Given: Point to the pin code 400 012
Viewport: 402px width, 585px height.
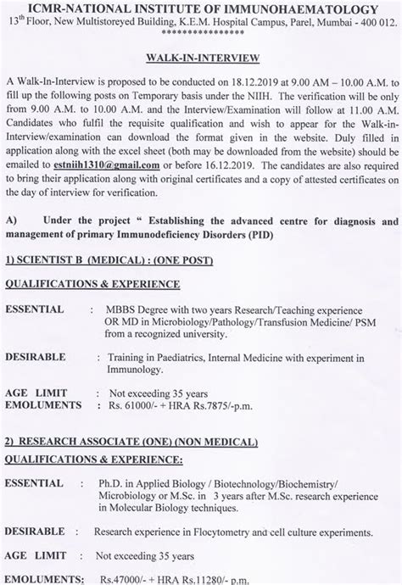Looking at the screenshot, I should click(371, 25).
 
